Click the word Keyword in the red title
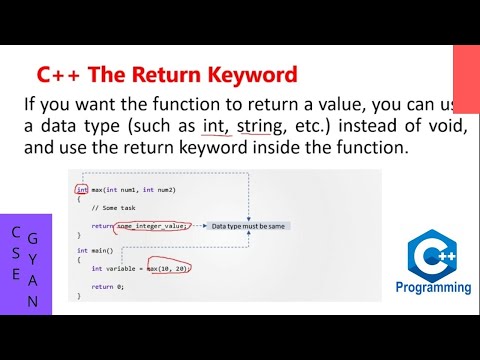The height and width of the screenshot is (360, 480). click(x=250, y=74)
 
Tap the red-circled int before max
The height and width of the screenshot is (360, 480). click(x=80, y=190)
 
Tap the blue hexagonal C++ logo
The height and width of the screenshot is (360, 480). click(x=438, y=254)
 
